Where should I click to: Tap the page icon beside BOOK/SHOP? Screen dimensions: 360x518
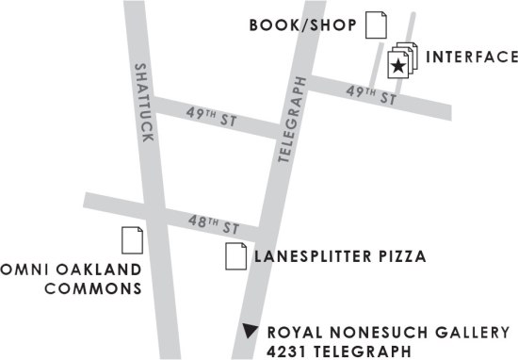point(376,25)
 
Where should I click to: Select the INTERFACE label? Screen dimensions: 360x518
point(471,57)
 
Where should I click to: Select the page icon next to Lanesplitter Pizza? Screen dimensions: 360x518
point(235,254)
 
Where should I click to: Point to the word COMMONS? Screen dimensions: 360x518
point(94,288)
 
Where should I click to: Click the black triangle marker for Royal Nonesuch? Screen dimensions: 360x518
point(250,331)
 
